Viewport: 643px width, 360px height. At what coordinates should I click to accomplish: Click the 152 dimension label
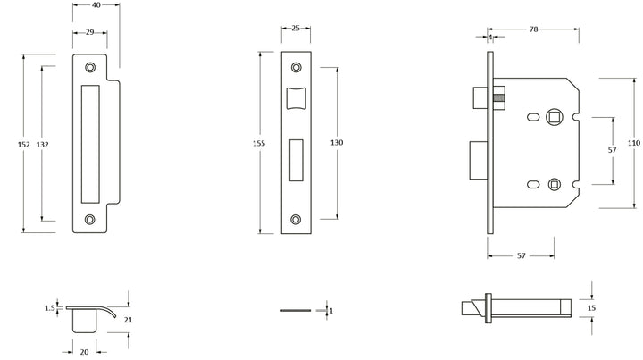click(x=24, y=145)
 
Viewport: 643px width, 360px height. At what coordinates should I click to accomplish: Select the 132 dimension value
click(x=42, y=145)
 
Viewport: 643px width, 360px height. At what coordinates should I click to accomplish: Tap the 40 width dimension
click(x=96, y=5)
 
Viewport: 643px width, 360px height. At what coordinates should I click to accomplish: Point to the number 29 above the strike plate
click(x=90, y=32)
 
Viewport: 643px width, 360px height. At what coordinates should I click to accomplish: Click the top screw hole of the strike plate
click(x=90, y=67)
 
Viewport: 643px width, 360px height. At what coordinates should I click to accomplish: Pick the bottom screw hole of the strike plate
click(x=90, y=220)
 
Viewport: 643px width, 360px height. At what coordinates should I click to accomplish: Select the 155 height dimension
click(x=259, y=143)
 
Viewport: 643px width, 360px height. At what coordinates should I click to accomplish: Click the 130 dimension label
click(x=337, y=142)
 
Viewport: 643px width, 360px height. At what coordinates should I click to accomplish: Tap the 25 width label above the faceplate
click(x=296, y=29)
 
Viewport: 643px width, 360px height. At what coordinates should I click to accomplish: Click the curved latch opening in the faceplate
click(x=296, y=98)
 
